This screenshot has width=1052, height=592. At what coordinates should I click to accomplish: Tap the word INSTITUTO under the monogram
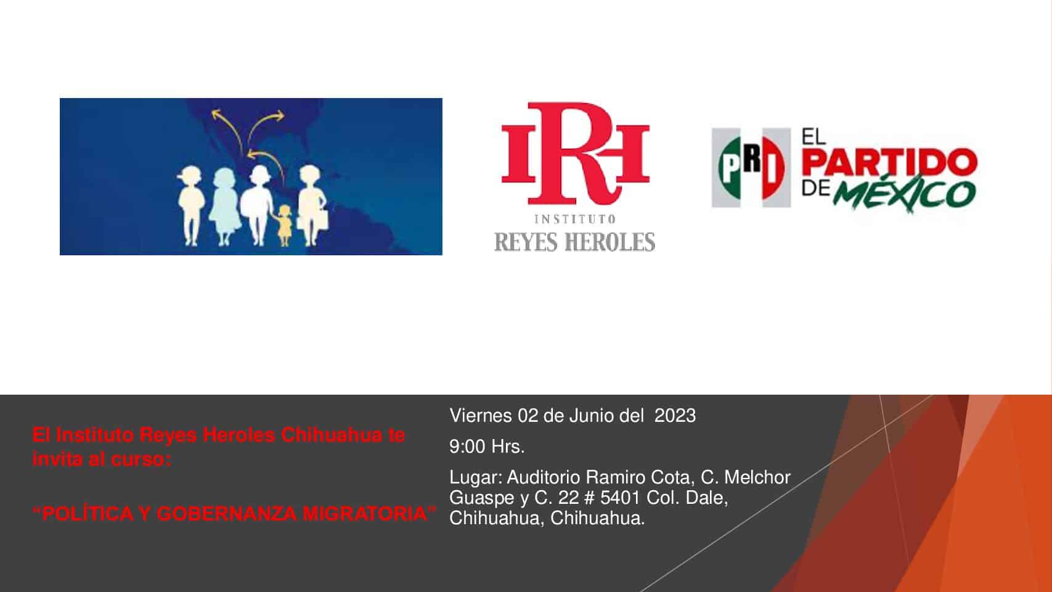pos(574,219)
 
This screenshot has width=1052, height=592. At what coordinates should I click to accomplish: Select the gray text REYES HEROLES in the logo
pos(574,242)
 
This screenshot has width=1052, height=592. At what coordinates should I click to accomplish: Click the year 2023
pos(675,416)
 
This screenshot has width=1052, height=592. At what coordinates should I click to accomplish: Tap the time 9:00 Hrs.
pos(487,446)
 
